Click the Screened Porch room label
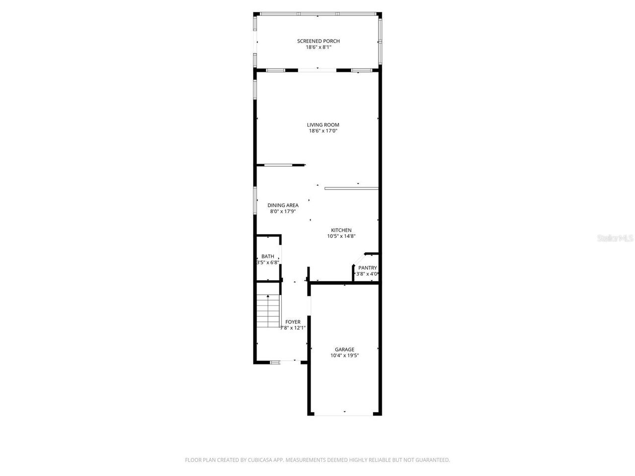(318, 41)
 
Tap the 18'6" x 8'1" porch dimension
(318, 48)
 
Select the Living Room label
(323, 125)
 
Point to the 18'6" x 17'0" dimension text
(323, 131)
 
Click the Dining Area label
(283, 205)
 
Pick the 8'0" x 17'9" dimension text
(283, 212)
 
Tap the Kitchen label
(341, 230)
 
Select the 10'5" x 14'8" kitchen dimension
(341, 237)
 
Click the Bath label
(268, 256)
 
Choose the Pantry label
(368, 268)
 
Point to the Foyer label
(293, 322)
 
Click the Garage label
(344, 349)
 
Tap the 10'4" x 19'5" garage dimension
(344, 356)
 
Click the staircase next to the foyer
(268, 311)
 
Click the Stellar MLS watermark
(615, 238)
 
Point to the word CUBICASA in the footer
(261, 460)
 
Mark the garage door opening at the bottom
(345, 414)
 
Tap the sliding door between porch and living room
(317, 70)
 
